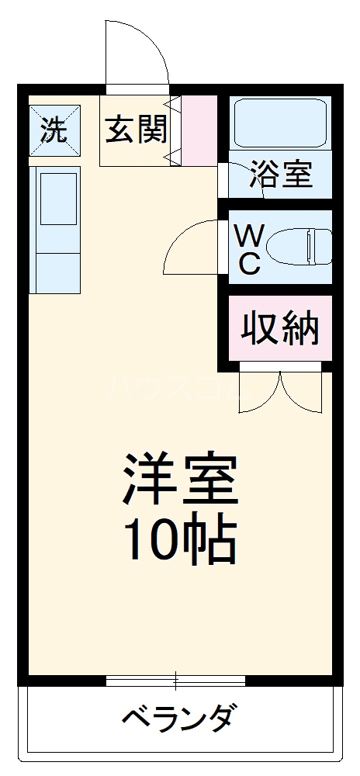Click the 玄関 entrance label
(137, 130)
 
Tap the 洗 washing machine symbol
(54, 130)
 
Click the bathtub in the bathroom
(280, 122)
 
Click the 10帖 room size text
(179, 540)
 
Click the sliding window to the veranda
(175, 681)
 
